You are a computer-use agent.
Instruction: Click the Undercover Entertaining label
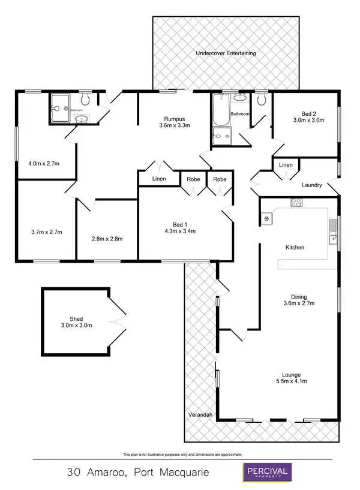tap(226, 53)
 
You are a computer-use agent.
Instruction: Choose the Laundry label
tap(311, 185)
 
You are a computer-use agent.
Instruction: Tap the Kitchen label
tap(295, 247)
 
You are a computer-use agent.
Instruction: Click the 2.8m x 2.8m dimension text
tap(107, 239)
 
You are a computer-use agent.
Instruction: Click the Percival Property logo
tap(266, 471)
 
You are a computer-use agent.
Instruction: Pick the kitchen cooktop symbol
tap(295, 202)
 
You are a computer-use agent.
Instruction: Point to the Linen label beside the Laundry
tap(286, 165)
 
